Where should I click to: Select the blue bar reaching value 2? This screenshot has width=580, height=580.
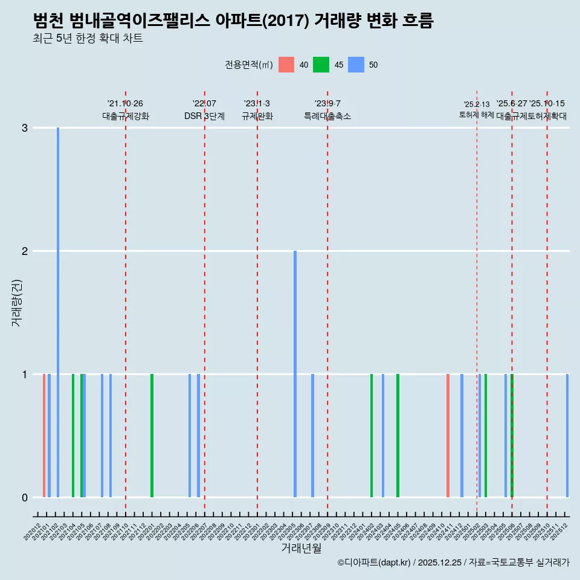(295, 375)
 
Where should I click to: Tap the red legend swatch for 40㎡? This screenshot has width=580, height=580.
(286, 65)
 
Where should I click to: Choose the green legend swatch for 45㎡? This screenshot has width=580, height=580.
(321, 65)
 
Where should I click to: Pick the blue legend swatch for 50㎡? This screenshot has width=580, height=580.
(356, 65)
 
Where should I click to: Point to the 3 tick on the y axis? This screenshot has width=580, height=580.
(25, 128)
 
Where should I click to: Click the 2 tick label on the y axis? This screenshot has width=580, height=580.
(25, 251)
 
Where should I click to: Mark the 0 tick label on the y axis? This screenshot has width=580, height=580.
(25, 498)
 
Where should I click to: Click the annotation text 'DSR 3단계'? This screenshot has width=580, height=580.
(204, 117)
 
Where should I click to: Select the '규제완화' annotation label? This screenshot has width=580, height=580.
(257, 117)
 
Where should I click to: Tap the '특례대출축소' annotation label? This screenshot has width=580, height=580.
(327, 117)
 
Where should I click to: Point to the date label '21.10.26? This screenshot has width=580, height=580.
(125, 104)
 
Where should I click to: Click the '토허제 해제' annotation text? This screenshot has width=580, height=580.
(477, 115)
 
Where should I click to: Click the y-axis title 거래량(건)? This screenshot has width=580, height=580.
(17, 302)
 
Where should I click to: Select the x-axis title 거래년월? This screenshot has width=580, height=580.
(301, 548)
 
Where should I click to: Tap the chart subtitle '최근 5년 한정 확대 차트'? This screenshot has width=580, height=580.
(88, 39)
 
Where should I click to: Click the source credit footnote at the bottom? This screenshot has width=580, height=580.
(453, 562)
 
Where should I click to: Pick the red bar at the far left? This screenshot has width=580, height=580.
(44, 435)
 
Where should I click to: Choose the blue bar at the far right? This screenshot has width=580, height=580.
(567, 435)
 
